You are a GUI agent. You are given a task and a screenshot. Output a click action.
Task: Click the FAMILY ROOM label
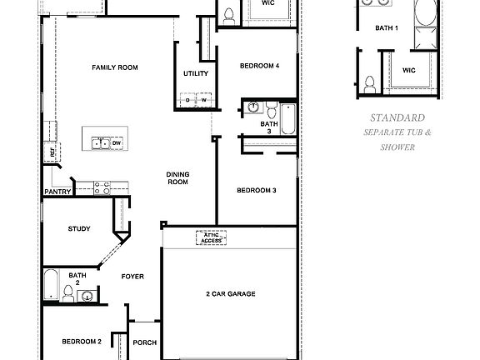[115, 67]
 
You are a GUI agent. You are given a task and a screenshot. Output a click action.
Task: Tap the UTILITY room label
[196, 74]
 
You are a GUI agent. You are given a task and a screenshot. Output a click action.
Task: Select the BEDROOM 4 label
[259, 66]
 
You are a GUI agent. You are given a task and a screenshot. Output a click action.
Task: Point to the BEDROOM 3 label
[256, 191]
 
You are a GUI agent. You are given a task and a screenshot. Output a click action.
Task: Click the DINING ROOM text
[178, 178]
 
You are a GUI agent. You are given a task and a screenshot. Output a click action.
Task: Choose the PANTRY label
[57, 192]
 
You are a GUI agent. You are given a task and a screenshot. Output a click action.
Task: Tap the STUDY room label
[79, 229]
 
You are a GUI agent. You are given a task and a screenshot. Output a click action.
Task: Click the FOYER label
[133, 276]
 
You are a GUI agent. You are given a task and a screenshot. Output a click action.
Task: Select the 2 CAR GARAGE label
[230, 294]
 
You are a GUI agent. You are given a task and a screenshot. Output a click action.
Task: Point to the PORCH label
[144, 342]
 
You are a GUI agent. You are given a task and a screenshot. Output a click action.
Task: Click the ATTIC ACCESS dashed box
[213, 237]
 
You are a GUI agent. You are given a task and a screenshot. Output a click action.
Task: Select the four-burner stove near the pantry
[102, 188]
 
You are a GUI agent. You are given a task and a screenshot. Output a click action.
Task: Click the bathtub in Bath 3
[287, 118]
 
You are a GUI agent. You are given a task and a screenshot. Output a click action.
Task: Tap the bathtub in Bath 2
[50, 285]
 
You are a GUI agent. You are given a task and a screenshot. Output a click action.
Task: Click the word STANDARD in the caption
[391, 118]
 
